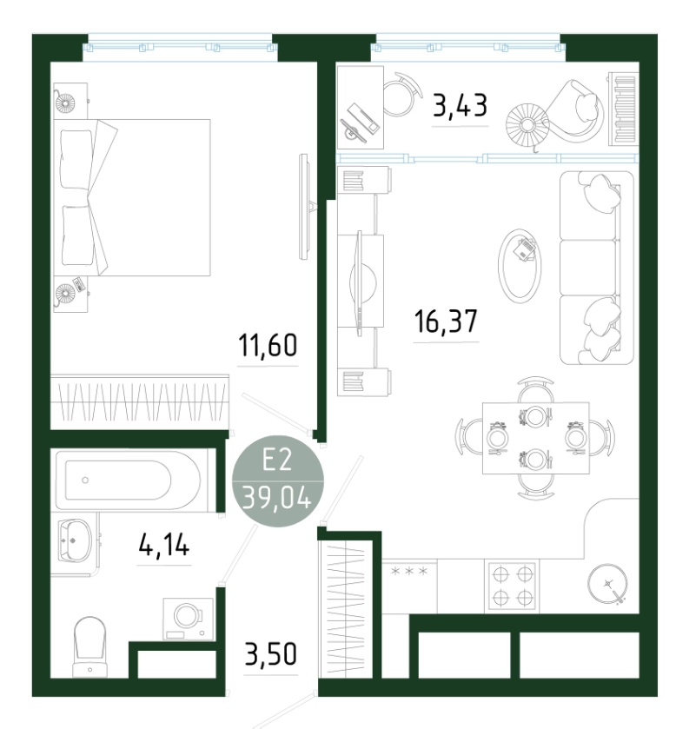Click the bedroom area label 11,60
268,346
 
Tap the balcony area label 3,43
460,105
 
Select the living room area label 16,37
446,321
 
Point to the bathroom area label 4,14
164,545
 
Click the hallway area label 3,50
270,654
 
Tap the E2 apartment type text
277,461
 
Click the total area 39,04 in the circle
277,499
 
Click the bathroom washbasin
75,540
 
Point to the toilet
89,646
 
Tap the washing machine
188,619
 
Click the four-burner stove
512,586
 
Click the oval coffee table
520,266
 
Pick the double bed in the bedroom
131,197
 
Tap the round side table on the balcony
527,124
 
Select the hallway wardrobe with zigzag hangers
346,609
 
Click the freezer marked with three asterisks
409,586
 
